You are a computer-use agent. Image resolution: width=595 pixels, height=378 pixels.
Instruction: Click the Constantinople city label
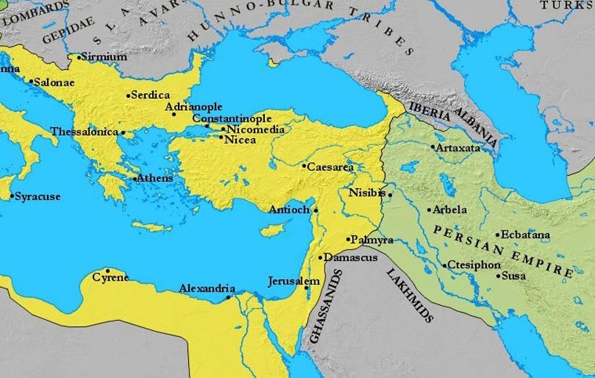click(x=232, y=118)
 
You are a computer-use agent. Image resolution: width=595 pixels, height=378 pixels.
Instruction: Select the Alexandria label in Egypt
click(x=207, y=288)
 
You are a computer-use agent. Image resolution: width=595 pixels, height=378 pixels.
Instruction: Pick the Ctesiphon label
click(x=475, y=265)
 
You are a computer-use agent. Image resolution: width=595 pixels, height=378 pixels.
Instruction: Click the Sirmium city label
click(x=104, y=56)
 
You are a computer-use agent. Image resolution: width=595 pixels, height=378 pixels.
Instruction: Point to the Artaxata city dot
click(x=433, y=147)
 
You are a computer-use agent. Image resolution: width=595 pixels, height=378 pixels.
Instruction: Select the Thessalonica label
click(x=84, y=132)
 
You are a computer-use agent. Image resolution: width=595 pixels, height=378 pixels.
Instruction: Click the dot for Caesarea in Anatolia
click(x=304, y=166)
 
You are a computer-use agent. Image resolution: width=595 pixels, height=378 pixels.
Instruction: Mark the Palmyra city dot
click(x=347, y=239)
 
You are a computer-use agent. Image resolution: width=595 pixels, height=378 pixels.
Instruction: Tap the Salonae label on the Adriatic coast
click(x=57, y=81)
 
